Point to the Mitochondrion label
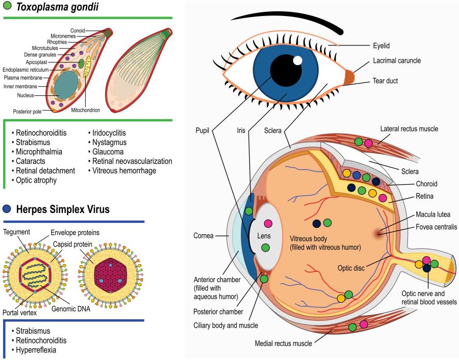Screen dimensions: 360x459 pyautogui.click(x=86, y=110)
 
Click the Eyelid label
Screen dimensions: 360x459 pyautogui.click(x=383, y=45)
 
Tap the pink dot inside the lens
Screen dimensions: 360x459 pyautogui.click(x=268, y=224)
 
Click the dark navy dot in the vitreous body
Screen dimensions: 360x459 pyautogui.click(x=316, y=223)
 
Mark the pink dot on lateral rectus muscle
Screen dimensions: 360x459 pyautogui.click(x=368, y=143)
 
